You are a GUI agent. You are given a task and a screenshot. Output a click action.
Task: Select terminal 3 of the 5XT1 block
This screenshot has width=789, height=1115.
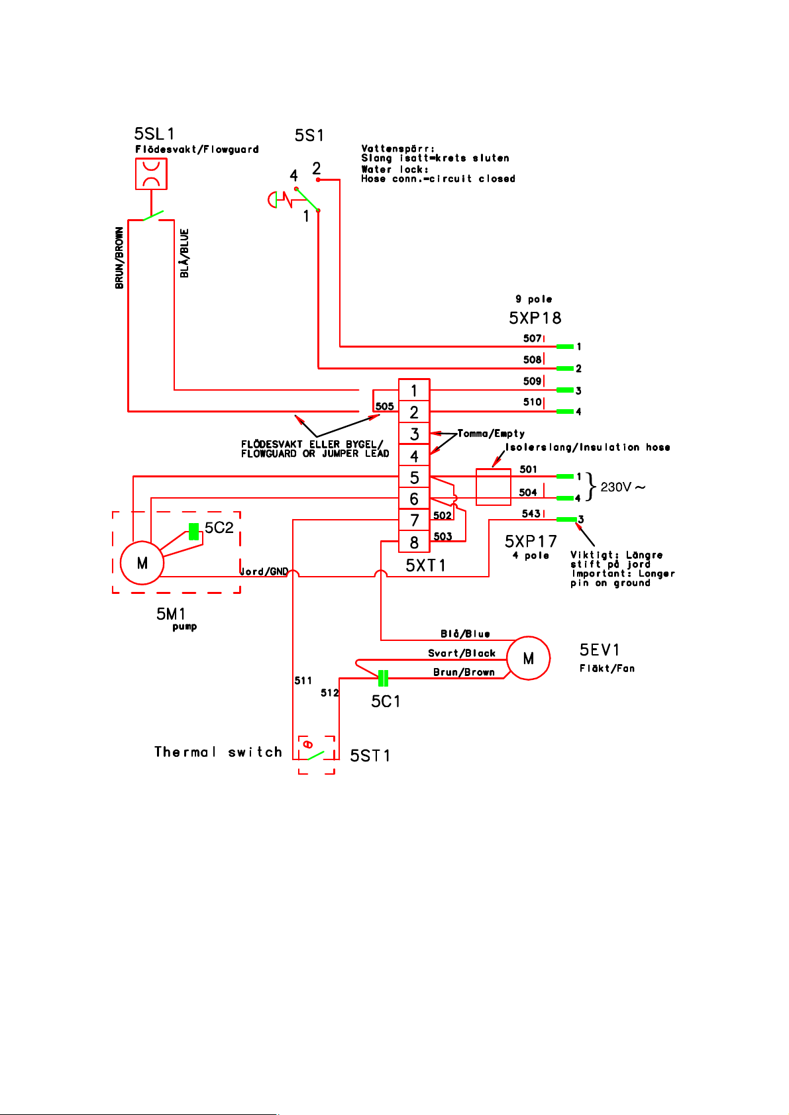(414, 434)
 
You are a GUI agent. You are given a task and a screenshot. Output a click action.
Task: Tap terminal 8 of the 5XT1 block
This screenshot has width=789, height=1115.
(414, 542)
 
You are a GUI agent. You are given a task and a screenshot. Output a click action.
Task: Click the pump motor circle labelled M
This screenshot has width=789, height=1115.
(142, 563)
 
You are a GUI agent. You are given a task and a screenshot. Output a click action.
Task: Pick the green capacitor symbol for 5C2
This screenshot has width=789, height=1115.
(193, 531)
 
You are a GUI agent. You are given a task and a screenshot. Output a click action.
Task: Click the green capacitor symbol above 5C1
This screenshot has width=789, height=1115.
(383, 678)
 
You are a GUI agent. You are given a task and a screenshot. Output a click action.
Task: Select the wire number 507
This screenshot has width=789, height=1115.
(532, 338)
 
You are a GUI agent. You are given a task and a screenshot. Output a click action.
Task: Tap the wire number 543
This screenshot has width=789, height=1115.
(531, 513)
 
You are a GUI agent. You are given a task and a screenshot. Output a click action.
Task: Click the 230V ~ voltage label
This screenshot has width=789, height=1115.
(623, 487)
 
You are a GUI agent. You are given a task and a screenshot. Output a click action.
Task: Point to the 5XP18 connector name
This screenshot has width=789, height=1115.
(535, 318)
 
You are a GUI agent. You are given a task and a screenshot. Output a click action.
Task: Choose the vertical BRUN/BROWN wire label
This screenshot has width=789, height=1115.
(119, 258)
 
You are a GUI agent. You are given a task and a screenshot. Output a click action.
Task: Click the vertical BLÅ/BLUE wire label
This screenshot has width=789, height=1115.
(184, 253)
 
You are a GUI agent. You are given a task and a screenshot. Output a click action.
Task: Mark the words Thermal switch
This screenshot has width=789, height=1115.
(218, 751)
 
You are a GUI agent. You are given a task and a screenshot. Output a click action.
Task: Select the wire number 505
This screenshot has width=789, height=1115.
(384, 406)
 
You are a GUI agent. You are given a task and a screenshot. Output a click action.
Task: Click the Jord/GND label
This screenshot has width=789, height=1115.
(264, 571)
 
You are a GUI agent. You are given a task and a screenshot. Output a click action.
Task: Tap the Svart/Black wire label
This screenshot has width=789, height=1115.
(462, 653)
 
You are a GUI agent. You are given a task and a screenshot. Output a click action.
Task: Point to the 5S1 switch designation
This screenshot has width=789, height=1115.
(309, 135)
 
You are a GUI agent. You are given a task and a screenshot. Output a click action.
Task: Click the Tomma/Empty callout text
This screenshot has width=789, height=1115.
(491, 434)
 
